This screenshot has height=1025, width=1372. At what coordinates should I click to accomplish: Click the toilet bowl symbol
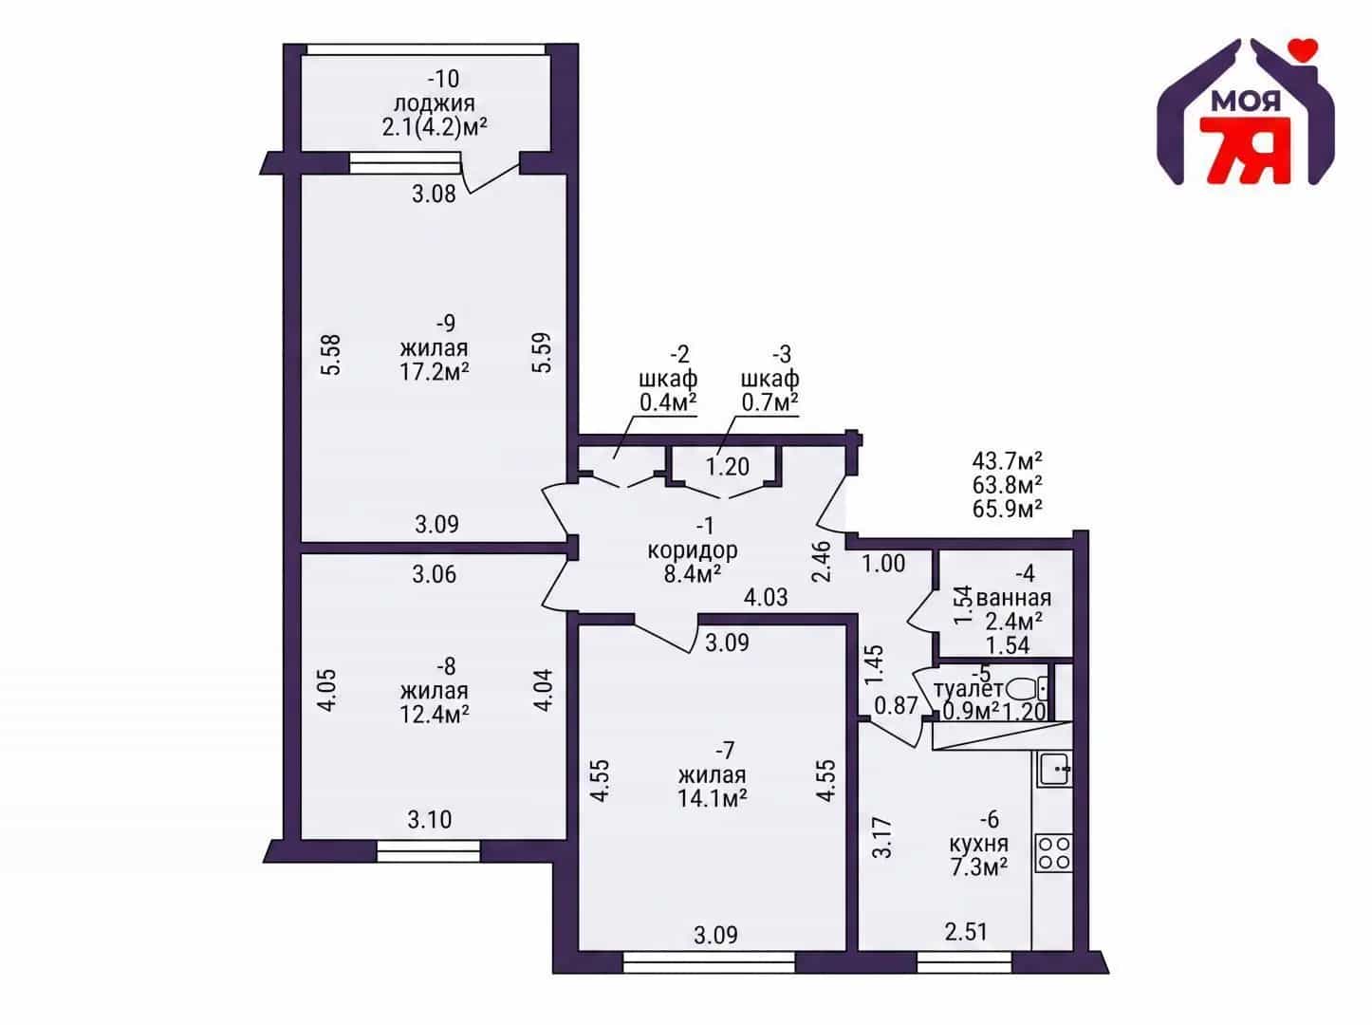tap(1028, 690)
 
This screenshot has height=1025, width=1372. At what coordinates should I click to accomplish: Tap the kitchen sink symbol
tap(1054, 769)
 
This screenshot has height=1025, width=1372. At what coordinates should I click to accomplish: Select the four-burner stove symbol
tap(1054, 853)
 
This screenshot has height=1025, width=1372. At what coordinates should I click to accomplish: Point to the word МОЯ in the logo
tap(1246, 102)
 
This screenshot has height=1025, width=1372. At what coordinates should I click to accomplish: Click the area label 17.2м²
tap(435, 372)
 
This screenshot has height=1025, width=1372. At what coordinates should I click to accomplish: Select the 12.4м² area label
tap(435, 714)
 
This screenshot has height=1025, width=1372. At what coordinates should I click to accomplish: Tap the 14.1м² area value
tap(713, 798)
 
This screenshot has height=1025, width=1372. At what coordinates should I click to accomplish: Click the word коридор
tap(693, 550)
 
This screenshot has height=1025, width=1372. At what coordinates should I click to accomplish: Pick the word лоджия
tap(435, 103)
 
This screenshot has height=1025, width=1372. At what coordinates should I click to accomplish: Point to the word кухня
tap(979, 844)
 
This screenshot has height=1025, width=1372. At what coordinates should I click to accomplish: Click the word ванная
tap(1013, 598)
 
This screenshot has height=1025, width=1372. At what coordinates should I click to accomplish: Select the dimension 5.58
tap(331, 354)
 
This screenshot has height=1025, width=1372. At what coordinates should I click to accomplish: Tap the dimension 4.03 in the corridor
tap(766, 598)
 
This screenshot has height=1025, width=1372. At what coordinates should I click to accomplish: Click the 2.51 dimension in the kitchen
tap(966, 932)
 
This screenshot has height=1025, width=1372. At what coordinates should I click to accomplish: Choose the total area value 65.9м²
tap(1007, 508)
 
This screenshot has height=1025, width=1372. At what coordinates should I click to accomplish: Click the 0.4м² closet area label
tap(668, 402)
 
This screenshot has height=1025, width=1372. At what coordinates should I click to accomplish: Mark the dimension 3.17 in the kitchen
tap(882, 838)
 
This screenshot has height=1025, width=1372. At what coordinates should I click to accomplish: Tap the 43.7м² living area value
tap(1007, 460)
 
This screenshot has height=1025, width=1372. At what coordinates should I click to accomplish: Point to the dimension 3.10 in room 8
tap(430, 819)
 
